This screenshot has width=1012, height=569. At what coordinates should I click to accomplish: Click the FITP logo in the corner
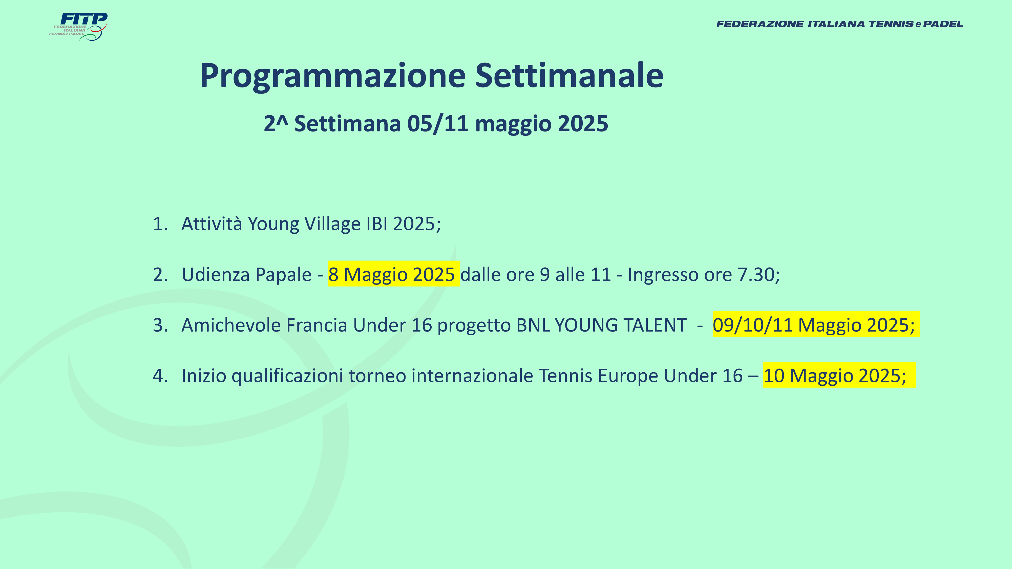click(78, 27)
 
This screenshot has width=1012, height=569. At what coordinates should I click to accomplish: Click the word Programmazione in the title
click(333, 76)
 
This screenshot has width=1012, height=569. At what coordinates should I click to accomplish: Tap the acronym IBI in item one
click(377, 224)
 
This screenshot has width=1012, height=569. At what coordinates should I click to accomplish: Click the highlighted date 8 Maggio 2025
click(394, 274)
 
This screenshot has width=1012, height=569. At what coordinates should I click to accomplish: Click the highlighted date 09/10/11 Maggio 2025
click(816, 324)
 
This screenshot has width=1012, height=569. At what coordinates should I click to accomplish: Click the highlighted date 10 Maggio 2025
click(839, 375)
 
